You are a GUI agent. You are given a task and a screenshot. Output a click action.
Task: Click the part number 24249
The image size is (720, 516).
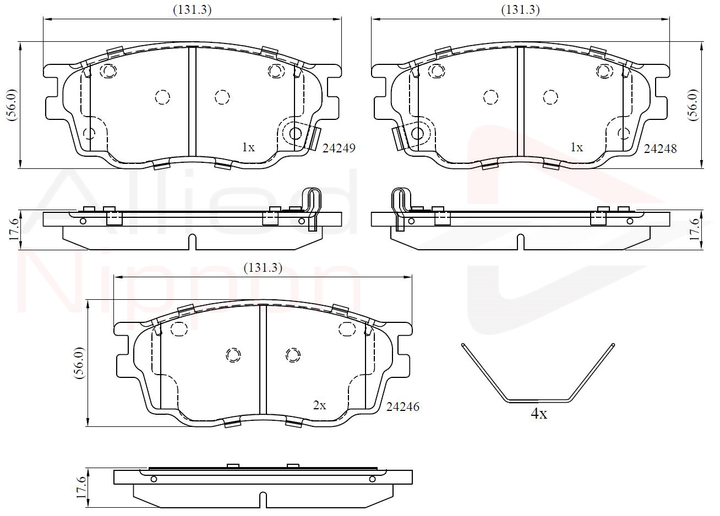point(339,148)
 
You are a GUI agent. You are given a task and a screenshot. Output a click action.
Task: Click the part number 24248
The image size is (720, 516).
point(660,149)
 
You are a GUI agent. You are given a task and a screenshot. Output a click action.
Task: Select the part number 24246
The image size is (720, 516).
point(403,407)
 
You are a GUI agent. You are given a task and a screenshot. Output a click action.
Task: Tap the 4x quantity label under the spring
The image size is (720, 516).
point(539,414)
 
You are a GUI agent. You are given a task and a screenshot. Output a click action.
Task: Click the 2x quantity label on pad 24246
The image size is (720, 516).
point(319,406)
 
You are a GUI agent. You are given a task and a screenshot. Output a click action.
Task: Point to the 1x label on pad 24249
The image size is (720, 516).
point(248,147)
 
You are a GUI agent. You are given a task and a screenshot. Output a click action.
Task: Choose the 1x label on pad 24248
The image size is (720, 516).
point(576,147)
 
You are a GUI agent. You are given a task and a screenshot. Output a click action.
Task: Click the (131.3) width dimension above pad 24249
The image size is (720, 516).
point(192,10)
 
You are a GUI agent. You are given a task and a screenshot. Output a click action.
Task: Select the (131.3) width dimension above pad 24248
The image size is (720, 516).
point(520,10)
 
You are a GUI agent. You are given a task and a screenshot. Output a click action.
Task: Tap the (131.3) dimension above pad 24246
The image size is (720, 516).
point(263,268)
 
